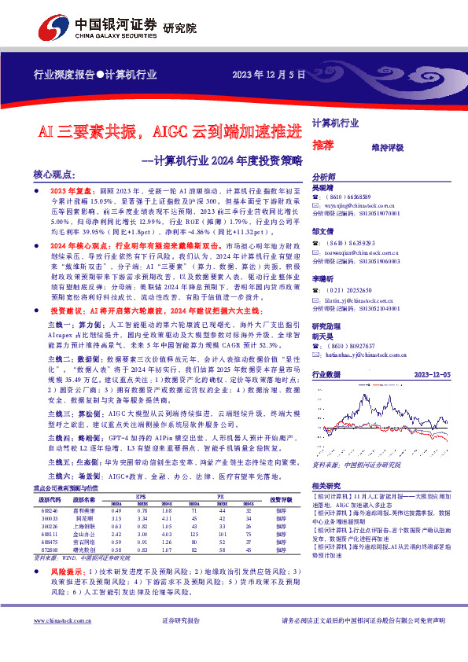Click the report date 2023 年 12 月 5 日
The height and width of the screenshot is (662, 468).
268,75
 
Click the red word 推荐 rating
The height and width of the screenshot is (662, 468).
322,145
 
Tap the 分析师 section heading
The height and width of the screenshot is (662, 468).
324,177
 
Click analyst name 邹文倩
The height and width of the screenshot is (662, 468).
322,232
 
